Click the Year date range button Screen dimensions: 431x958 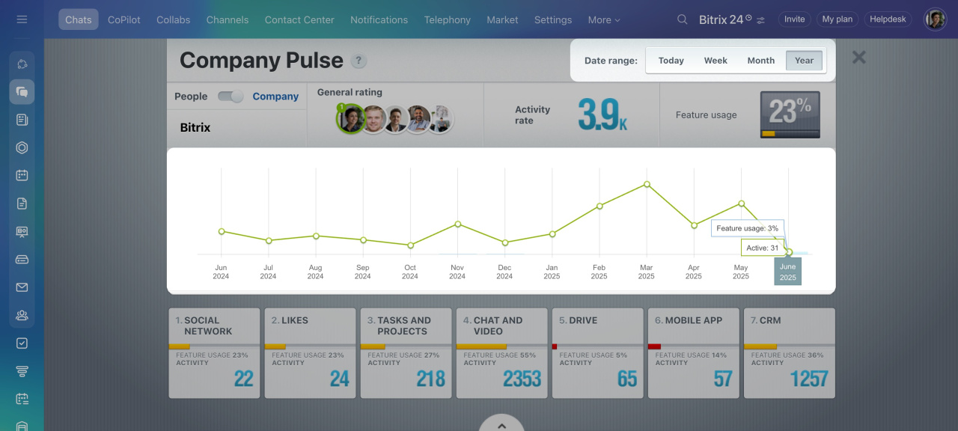[804, 61]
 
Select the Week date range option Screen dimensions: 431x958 [716, 61]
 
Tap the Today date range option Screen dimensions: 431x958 [671, 61]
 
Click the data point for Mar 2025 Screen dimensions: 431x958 [647, 184]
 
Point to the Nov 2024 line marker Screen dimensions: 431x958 [457, 224]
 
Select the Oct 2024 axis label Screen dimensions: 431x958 [410, 272]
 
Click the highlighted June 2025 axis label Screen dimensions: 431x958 [787, 272]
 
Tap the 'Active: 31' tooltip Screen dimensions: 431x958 [763, 248]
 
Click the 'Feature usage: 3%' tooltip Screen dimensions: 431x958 [747, 228]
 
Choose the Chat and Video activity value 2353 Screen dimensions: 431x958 [522, 379]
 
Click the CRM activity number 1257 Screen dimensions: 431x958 [809, 379]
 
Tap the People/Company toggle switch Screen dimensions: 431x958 [231, 97]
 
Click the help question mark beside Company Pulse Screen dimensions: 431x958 [359, 61]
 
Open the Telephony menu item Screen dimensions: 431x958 [447, 20]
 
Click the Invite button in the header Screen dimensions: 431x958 [794, 19]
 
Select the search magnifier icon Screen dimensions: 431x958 [682, 19]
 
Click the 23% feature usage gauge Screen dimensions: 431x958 [790, 114]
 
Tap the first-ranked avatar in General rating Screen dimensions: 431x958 [350, 118]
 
